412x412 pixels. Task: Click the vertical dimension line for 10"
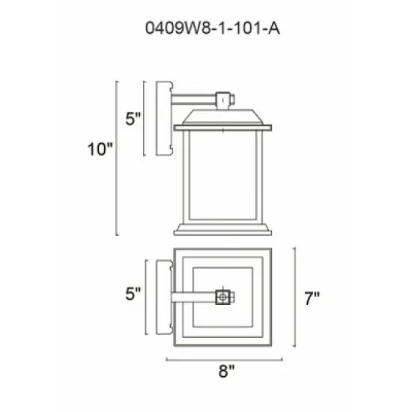coord(118,157)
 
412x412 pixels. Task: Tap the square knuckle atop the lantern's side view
coord(222,98)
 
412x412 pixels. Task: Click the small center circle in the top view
coord(222,297)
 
